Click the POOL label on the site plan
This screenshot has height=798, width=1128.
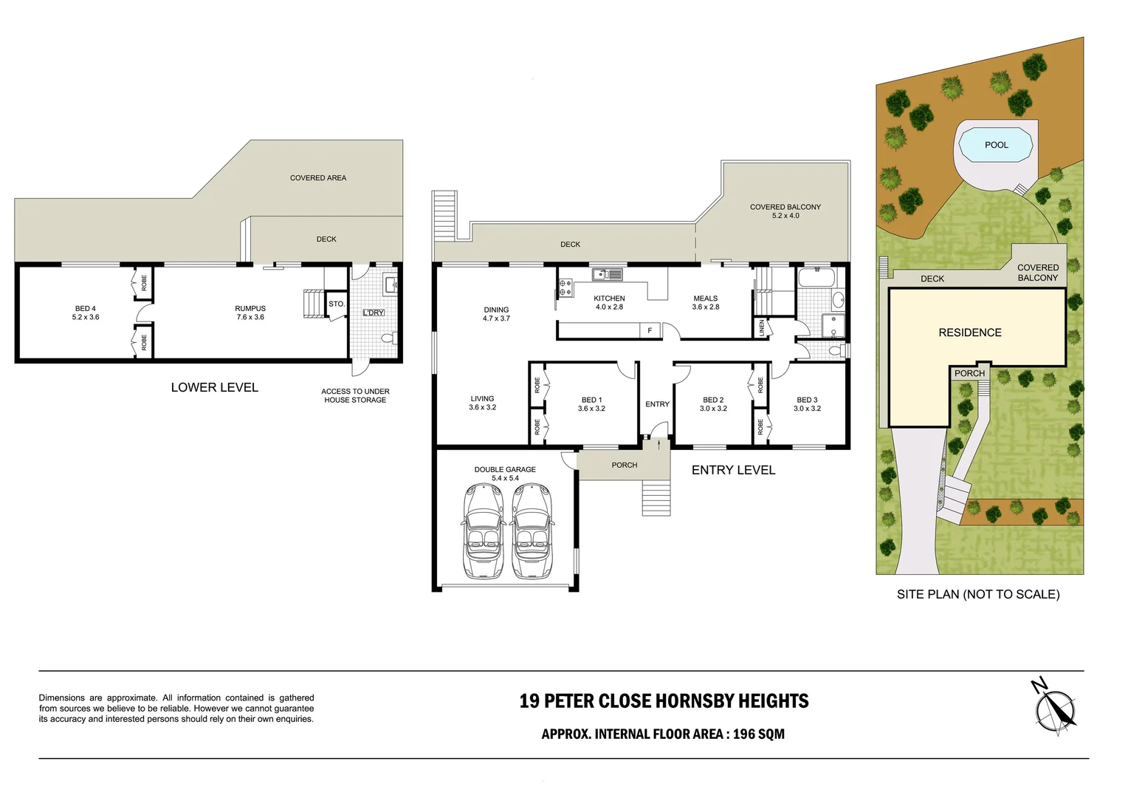[x=996, y=145]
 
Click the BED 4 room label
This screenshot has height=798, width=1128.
[x=86, y=313]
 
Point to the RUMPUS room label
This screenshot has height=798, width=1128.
[x=250, y=313]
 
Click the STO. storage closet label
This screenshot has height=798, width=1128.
[x=337, y=304]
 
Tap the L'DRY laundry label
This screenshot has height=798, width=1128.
[x=374, y=313]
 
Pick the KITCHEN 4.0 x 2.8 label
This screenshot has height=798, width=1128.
[x=609, y=302]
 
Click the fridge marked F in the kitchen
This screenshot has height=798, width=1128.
[x=650, y=330]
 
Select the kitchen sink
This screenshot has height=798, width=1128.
[x=607, y=275]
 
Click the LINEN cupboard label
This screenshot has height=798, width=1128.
[x=762, y=327]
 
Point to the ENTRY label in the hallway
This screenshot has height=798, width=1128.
[x=657, y=404]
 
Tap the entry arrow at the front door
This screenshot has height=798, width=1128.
[x=656, y=443]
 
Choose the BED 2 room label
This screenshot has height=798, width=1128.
[x=713, y=404]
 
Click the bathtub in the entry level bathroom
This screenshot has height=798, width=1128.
[x=816, y=279]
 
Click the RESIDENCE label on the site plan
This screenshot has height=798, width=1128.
[x=969, y=332]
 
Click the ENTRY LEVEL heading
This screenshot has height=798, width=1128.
[x=733, y=470]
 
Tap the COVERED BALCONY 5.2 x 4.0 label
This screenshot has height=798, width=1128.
[x=785, y=211]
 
